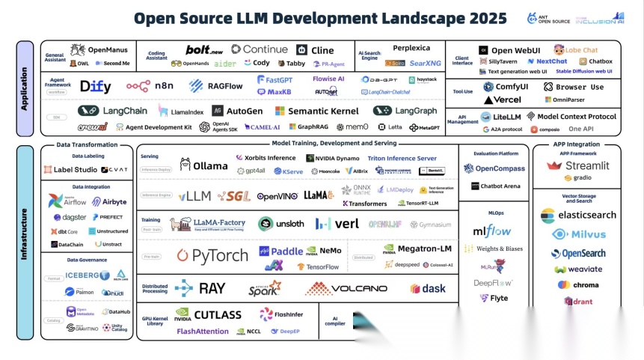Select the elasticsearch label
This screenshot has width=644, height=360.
pos(577,215)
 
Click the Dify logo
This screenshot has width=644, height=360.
pos(96,86)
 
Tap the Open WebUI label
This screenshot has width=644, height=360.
pos(515,50)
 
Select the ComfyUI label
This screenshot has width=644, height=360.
pos(510,87)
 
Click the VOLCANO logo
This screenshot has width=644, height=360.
pos(346,288)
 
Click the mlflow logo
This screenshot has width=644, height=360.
pos(491,231)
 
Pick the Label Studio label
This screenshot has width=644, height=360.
pos(76,170)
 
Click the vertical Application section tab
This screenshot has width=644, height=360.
pos(25,89)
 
